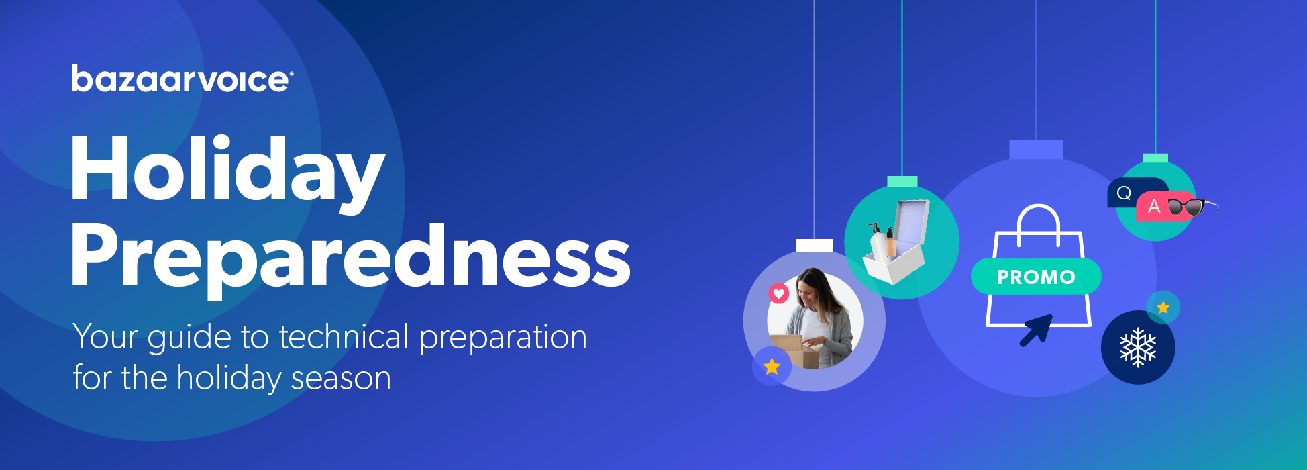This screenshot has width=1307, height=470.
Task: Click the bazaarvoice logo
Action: pyautogui.click(x=182, y=79)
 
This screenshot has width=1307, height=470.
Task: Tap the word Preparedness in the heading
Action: pyautogui.click(x=350, y=259)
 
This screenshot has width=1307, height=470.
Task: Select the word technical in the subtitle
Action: pyautogui.click(x=344, y=336)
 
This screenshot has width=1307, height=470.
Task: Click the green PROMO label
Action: pyautogui.click(x=1036, y=277)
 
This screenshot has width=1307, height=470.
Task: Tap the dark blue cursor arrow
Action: pyautogui.click(x=1037, y=330)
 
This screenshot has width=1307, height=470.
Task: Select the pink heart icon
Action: pyautogui.click(x=778, y=293)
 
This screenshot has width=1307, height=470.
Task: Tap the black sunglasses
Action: pyautogui.click(x=1193, y=207)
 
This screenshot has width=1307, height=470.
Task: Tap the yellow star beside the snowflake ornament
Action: pyautogui.click(x=1163, y=308)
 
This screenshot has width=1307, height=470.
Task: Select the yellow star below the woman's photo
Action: pyautogui.click(x=772, y=366)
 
